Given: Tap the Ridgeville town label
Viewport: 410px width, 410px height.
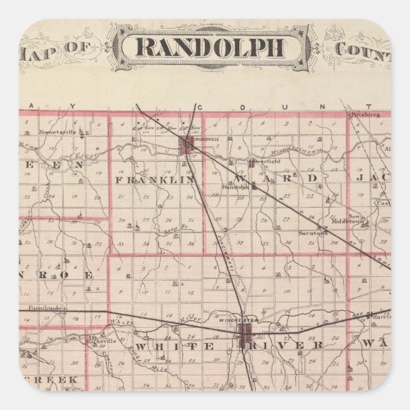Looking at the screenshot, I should (208, 138).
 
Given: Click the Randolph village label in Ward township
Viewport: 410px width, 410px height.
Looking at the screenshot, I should (234, 187).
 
